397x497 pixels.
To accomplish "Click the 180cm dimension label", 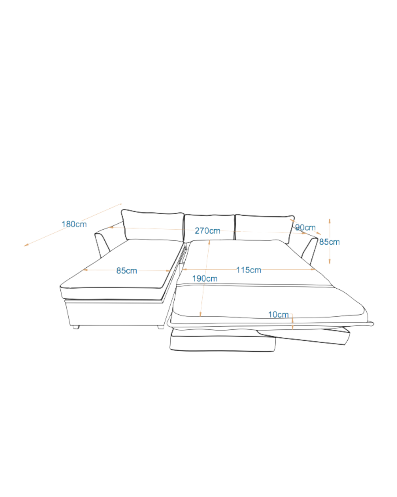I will (74, 224).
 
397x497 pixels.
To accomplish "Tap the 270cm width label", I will (208, 231).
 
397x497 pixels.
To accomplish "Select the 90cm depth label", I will (305, 228).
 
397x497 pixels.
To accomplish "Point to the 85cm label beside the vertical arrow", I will (330, 242).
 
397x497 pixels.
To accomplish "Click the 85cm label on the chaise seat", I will (127, 271).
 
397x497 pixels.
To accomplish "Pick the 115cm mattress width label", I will (249, 270).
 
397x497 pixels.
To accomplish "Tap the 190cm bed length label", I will (205, 279).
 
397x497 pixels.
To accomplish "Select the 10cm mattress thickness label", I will (278, 314).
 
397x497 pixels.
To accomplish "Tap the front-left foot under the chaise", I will (76, 327).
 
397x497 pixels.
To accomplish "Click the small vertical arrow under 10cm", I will (292, 322).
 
